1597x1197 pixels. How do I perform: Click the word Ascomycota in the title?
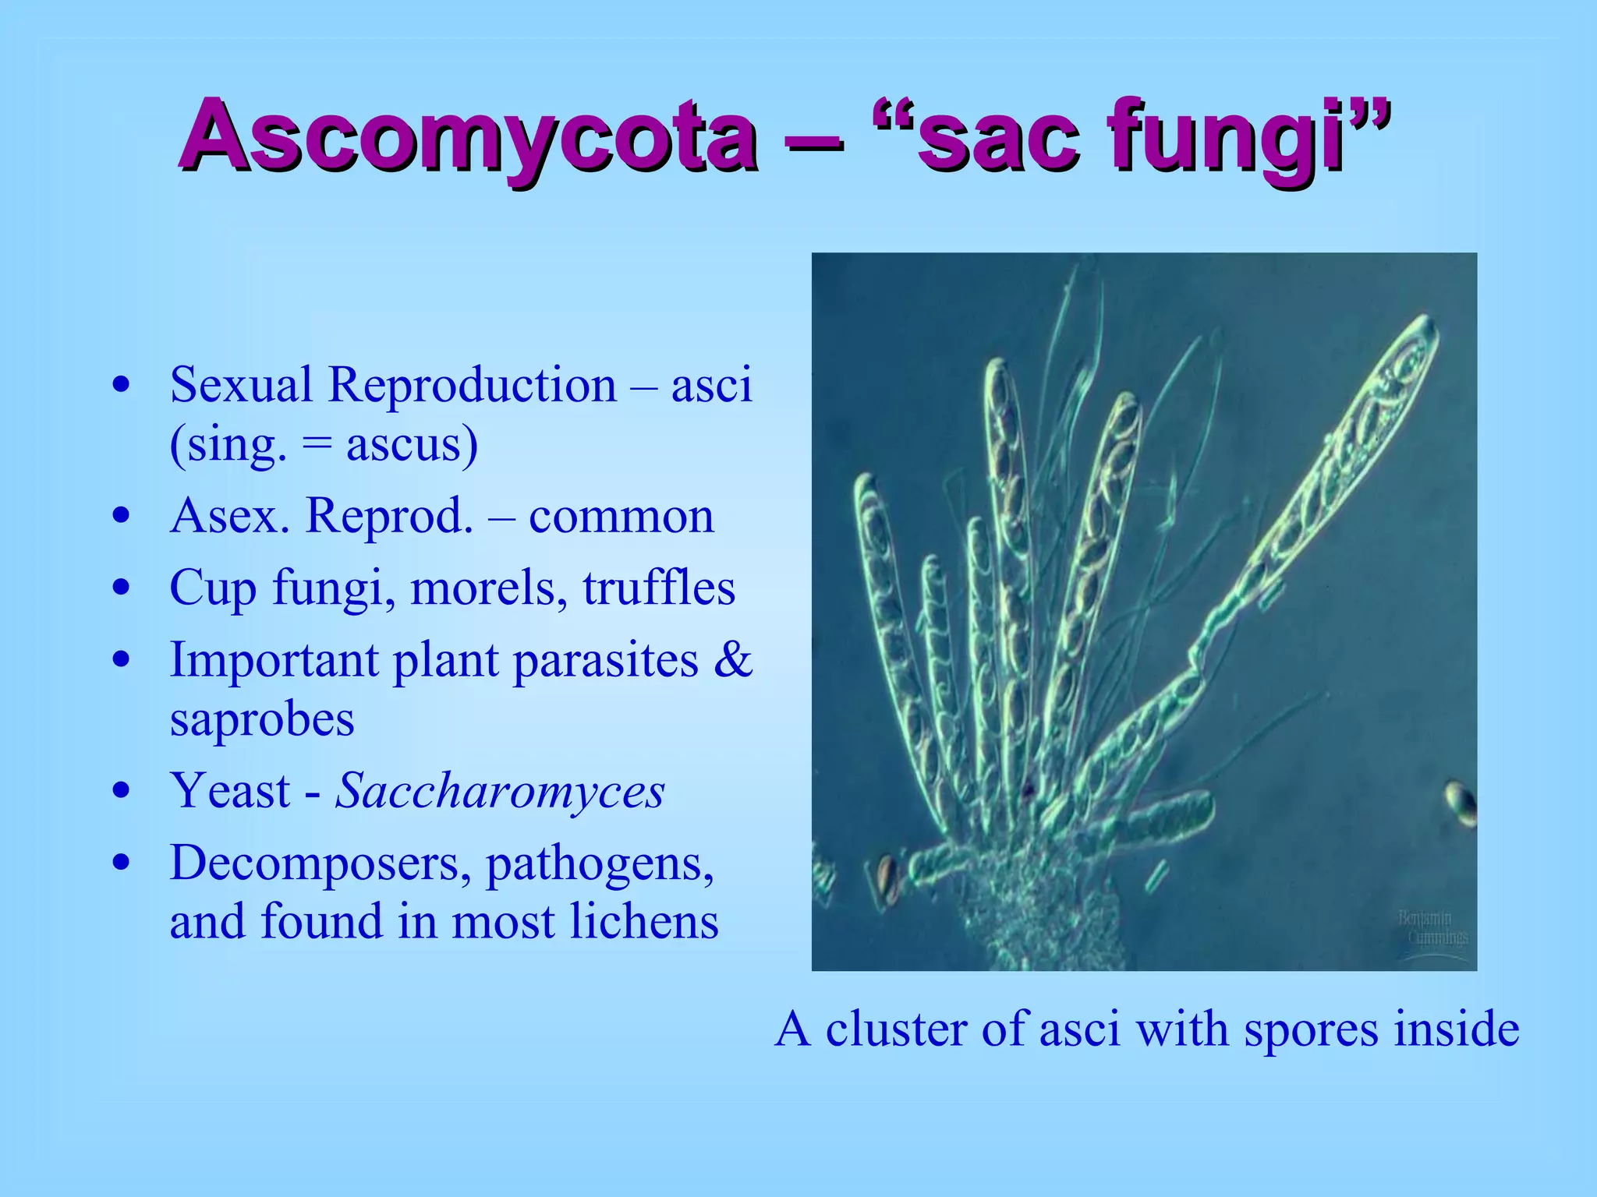pyautogui.click(x=468, y=137)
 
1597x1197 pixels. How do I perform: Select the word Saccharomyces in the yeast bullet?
pyautogui.click(x=500, y=790)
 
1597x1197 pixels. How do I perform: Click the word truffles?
pyautogui.click(x=659, y=588)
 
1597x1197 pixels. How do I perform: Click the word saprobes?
pyautogui.click(x=262, y=719)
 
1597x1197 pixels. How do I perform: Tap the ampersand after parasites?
pyautogui.click(x=733, y=659)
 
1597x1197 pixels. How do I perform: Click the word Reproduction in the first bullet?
pyautogui.click(x=472, y=385)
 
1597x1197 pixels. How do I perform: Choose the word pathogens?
pyautogui.click(x=600, y=863)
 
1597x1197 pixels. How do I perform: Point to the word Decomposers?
pyautogui.click(x=320, y=863)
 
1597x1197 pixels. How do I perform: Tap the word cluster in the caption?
pyautogui.click(x=898, y=1029)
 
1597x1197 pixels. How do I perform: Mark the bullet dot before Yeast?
pyautogui.click(x=121, y=790)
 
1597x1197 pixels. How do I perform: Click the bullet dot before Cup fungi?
pyautogui.click(x=121, y=588)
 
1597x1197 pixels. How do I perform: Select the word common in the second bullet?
pyautogui.click(x=621, y=516)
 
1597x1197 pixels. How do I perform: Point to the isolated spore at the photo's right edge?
pyautogui.click(x=1461, y=803)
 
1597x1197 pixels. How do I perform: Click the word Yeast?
pyautogui.click(x=231, y=790)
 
